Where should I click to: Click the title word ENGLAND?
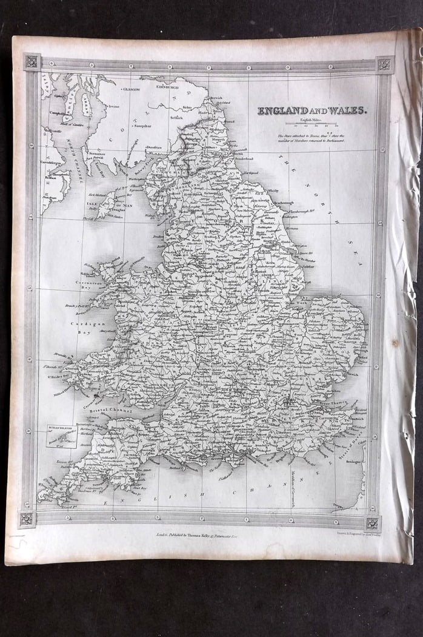point(282,111)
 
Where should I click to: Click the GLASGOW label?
point(130,89)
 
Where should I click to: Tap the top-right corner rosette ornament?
point(383,64)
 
